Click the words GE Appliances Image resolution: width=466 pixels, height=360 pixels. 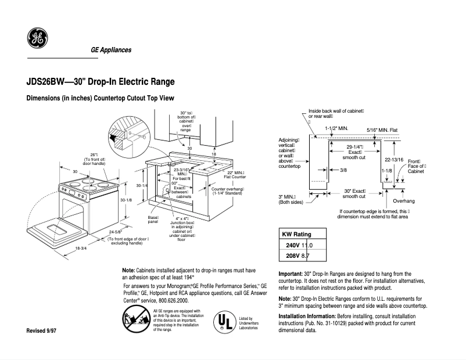[111, 50]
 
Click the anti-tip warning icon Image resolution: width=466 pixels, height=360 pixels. [135, 319]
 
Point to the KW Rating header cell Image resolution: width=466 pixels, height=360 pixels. [296, 234]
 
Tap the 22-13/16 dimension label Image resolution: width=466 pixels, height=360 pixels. [393, 159]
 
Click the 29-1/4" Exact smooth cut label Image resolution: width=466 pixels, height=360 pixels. [354, 152]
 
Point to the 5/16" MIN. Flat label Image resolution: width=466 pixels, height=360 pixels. [382, 129]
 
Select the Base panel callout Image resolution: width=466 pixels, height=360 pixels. [153, 219]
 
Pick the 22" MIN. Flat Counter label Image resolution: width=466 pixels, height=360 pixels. [235, 175]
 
